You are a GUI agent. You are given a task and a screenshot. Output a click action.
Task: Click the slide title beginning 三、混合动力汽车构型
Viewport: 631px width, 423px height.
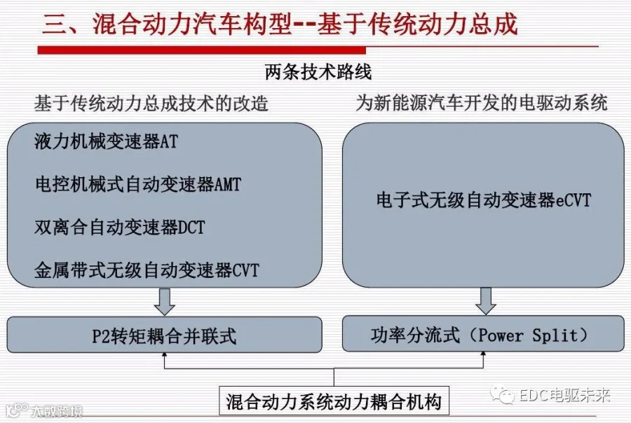[280, 24]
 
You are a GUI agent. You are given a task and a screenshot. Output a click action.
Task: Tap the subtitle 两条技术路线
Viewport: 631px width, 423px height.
[318, 72]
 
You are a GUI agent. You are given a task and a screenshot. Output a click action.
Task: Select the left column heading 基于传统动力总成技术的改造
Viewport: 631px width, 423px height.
[151, 104]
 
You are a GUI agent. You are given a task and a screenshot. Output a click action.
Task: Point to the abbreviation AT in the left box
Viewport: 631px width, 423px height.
[169, 141]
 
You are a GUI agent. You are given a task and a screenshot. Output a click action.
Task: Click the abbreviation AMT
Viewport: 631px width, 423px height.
[228, 185]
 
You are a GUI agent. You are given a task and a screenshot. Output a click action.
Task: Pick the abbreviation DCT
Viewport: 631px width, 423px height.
[191, 228]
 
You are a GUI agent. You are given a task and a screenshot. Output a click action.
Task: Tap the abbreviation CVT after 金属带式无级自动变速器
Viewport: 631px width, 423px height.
[245, 270]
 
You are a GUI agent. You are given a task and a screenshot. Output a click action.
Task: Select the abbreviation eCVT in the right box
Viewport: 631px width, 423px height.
[574, 200]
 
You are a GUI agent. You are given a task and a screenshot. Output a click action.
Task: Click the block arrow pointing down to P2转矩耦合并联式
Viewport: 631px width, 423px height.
[165, 302]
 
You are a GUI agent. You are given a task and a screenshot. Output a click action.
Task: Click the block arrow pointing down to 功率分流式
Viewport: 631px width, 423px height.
[486, 301]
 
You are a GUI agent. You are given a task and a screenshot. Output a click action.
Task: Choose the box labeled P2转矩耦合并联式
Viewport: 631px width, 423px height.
[165, 335]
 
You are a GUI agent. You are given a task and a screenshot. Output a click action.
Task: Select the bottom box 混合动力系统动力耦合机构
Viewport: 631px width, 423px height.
[334, 401]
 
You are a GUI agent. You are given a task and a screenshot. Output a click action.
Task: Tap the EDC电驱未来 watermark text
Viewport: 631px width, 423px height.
[565, 396]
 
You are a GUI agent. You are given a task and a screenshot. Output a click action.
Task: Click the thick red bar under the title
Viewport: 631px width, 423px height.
[202, 50]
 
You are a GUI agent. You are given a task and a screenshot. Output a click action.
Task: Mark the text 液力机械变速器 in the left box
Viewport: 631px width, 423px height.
[97, 141]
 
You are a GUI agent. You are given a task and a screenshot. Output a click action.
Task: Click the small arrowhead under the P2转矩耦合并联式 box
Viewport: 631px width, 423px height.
[164, 355]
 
